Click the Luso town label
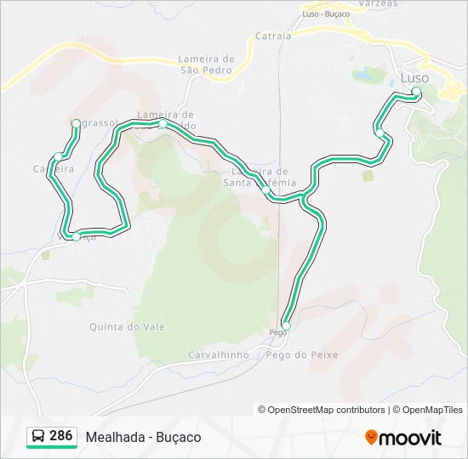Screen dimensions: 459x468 pyautogui.click(x=414, y=77)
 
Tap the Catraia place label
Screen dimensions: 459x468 pyautogui.click(x=273, y=37)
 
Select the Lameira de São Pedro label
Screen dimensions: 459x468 pyautogui.click(x=205, y=65)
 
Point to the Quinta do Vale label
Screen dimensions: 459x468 pyautogui.click(x=127, y=326)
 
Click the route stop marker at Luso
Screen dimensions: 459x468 pyautogui.click(x=416, y=91)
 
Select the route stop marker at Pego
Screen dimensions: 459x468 pyautogui.click(x=286, y=326)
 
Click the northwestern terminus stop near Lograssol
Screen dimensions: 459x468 pyautogui.click(x=76, y=124)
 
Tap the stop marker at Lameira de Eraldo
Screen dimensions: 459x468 pyautogui.click(x=163, y=124)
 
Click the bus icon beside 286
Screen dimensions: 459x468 pyautogui.click(x=38, y=437)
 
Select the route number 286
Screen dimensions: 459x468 pyautogui.click(x=61, y=436)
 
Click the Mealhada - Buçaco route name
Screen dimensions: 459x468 pyautogui.click(x=143, y=437)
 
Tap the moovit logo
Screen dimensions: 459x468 pyautogui.click(x=403, y=438)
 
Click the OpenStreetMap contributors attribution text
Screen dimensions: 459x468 pyautogui.click(x=322, y=410)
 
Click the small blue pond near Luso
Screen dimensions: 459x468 pyautogui.click(x=362, y=76)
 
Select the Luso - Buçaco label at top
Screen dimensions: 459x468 pyautogui.click(x=328, y=14)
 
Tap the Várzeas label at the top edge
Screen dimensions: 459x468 pyautogui.click(x=378, y=3)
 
